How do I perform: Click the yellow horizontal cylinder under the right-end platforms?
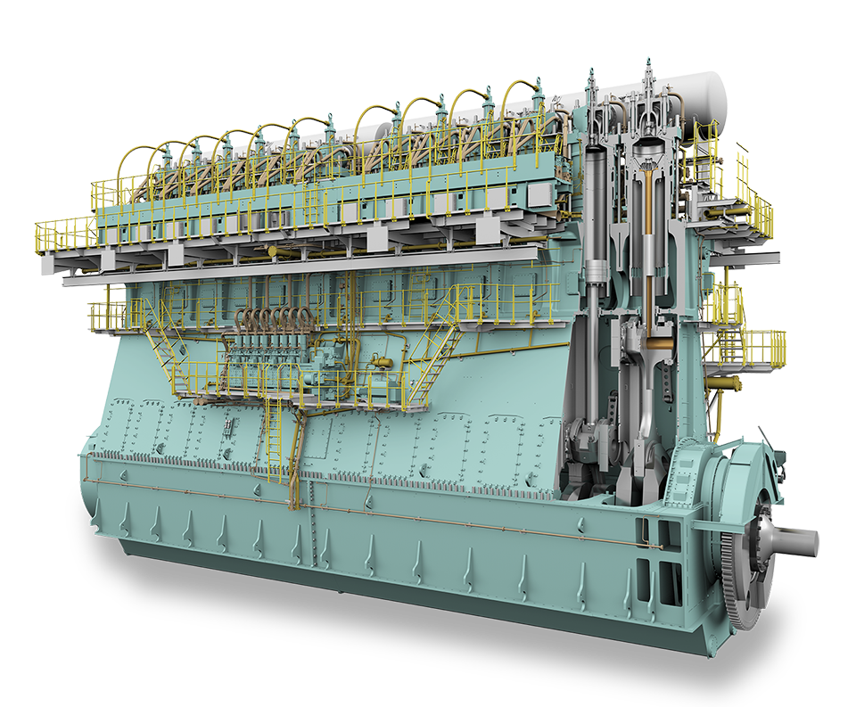(x=723, y=383)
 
